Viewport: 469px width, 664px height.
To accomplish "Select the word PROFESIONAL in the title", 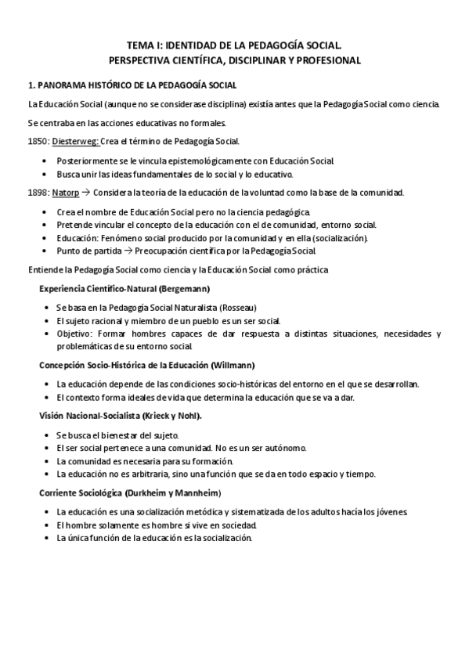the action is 328,60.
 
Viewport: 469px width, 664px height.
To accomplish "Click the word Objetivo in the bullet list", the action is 74,334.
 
